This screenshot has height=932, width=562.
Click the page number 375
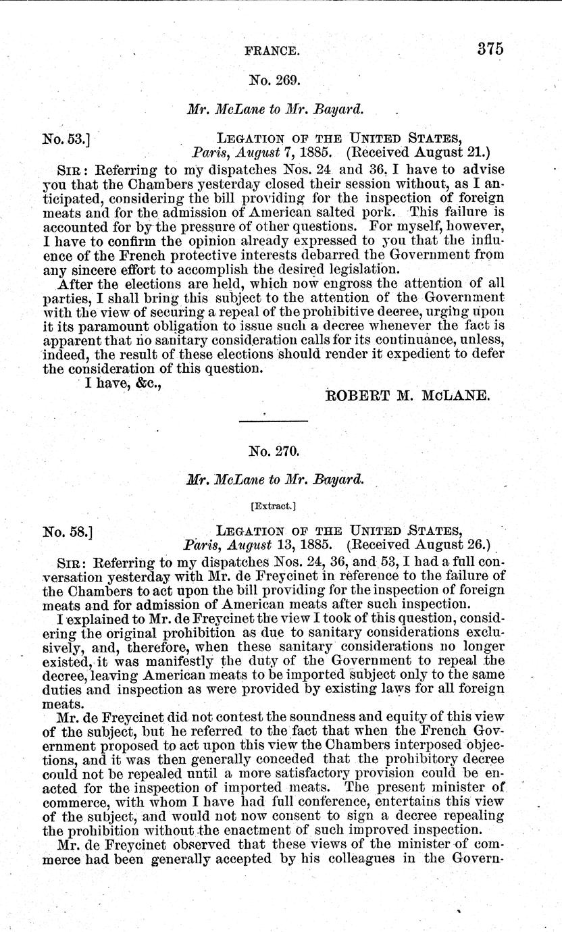pos(490,49)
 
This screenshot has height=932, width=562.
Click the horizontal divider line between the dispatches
pos(274,421)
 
